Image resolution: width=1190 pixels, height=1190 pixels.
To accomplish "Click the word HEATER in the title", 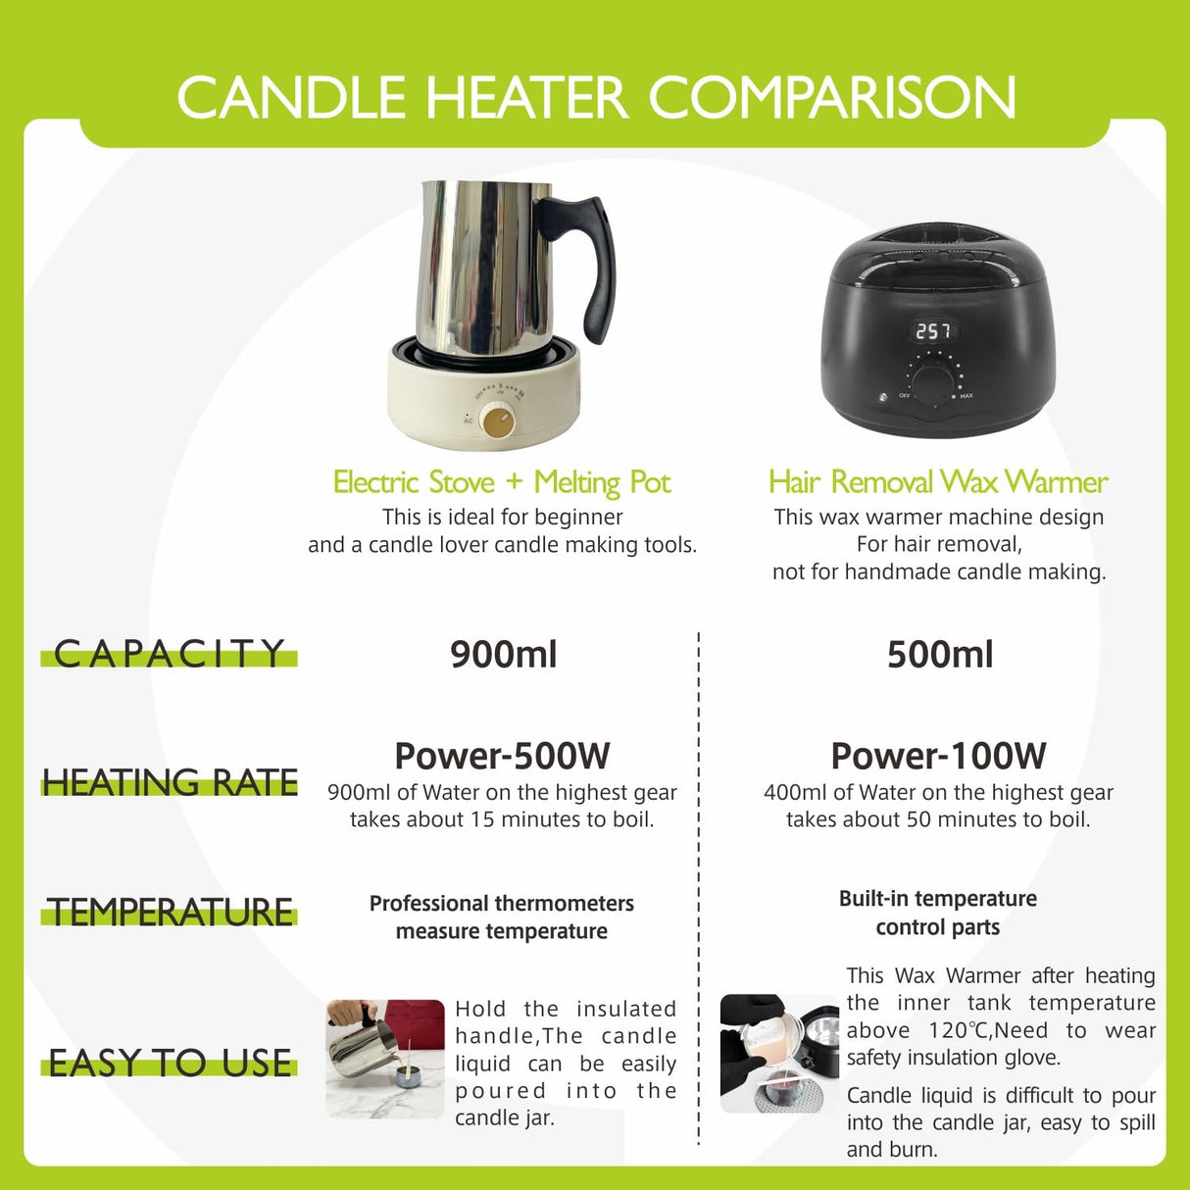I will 525,98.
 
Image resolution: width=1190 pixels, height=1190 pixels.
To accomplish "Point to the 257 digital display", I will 932,331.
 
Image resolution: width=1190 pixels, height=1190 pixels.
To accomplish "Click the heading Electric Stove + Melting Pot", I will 501,482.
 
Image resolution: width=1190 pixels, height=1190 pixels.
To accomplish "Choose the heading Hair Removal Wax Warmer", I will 938,482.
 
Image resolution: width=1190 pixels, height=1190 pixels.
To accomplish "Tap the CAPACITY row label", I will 169,654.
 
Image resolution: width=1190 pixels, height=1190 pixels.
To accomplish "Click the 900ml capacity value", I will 503,655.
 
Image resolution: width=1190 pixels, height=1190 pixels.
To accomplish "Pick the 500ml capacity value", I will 939,655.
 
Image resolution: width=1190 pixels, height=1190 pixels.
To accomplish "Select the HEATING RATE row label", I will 170,783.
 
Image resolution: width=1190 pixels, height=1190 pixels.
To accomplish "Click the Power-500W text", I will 502,757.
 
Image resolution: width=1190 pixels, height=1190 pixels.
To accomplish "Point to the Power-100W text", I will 938,757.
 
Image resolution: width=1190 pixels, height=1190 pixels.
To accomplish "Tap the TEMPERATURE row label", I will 170,913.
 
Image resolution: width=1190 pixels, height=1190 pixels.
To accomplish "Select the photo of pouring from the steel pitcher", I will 385,1059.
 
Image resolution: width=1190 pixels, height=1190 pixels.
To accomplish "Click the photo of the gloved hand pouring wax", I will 779,1054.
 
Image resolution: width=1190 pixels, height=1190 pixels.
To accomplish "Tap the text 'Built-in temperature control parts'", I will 937,913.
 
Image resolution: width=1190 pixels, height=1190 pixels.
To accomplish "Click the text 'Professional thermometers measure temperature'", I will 501,917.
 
